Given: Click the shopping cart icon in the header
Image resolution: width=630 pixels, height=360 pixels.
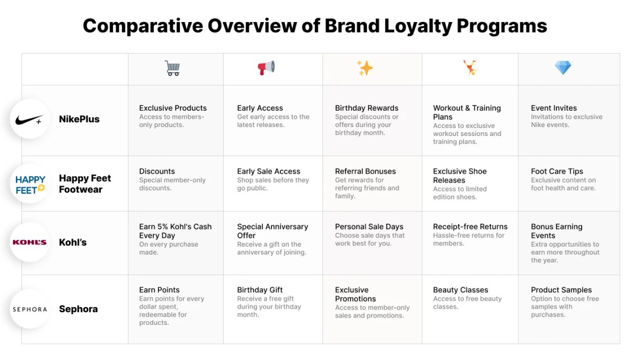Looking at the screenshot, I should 172,68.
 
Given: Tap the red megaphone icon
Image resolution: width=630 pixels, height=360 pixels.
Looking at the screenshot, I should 266,68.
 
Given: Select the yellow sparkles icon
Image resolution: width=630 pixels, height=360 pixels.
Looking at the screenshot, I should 365,68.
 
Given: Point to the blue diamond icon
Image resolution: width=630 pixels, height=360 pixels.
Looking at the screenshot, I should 563,68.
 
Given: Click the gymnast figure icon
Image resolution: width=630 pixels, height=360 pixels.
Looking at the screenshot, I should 470,68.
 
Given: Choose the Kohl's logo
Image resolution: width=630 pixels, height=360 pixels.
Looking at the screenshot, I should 29,242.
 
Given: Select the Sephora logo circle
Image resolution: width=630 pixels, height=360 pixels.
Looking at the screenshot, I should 29,309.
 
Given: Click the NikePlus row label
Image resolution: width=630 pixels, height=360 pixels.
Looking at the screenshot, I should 79,119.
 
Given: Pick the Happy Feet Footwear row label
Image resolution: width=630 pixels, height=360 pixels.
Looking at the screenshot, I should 85,184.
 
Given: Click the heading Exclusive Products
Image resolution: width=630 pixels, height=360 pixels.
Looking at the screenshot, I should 173,108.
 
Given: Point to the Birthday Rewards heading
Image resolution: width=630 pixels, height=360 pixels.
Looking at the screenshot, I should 366,108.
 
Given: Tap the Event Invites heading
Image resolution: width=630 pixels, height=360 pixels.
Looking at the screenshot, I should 553,108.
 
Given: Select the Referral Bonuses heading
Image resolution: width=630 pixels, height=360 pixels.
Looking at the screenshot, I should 365,171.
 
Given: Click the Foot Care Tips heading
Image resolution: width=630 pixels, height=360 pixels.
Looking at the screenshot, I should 556,171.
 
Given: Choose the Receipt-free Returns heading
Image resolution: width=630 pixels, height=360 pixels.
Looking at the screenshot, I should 470,227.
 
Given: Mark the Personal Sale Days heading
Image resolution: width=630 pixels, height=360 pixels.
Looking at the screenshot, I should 369,227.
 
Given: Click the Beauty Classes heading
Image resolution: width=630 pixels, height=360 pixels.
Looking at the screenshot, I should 460,290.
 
